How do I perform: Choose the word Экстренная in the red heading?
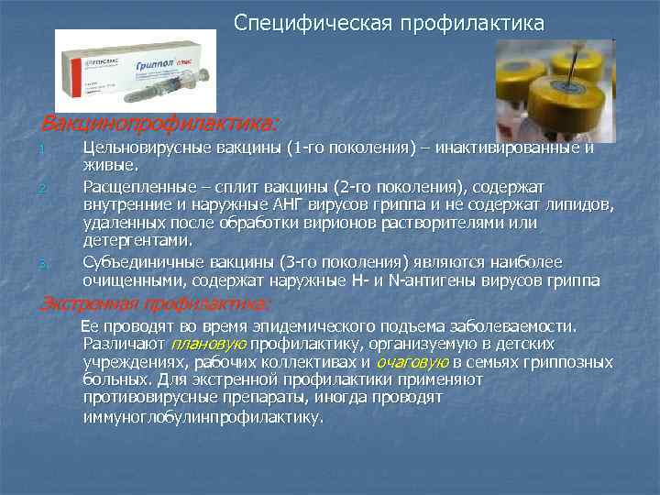click(x=82, y=304)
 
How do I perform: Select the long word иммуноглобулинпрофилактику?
click(x=203, y=416)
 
